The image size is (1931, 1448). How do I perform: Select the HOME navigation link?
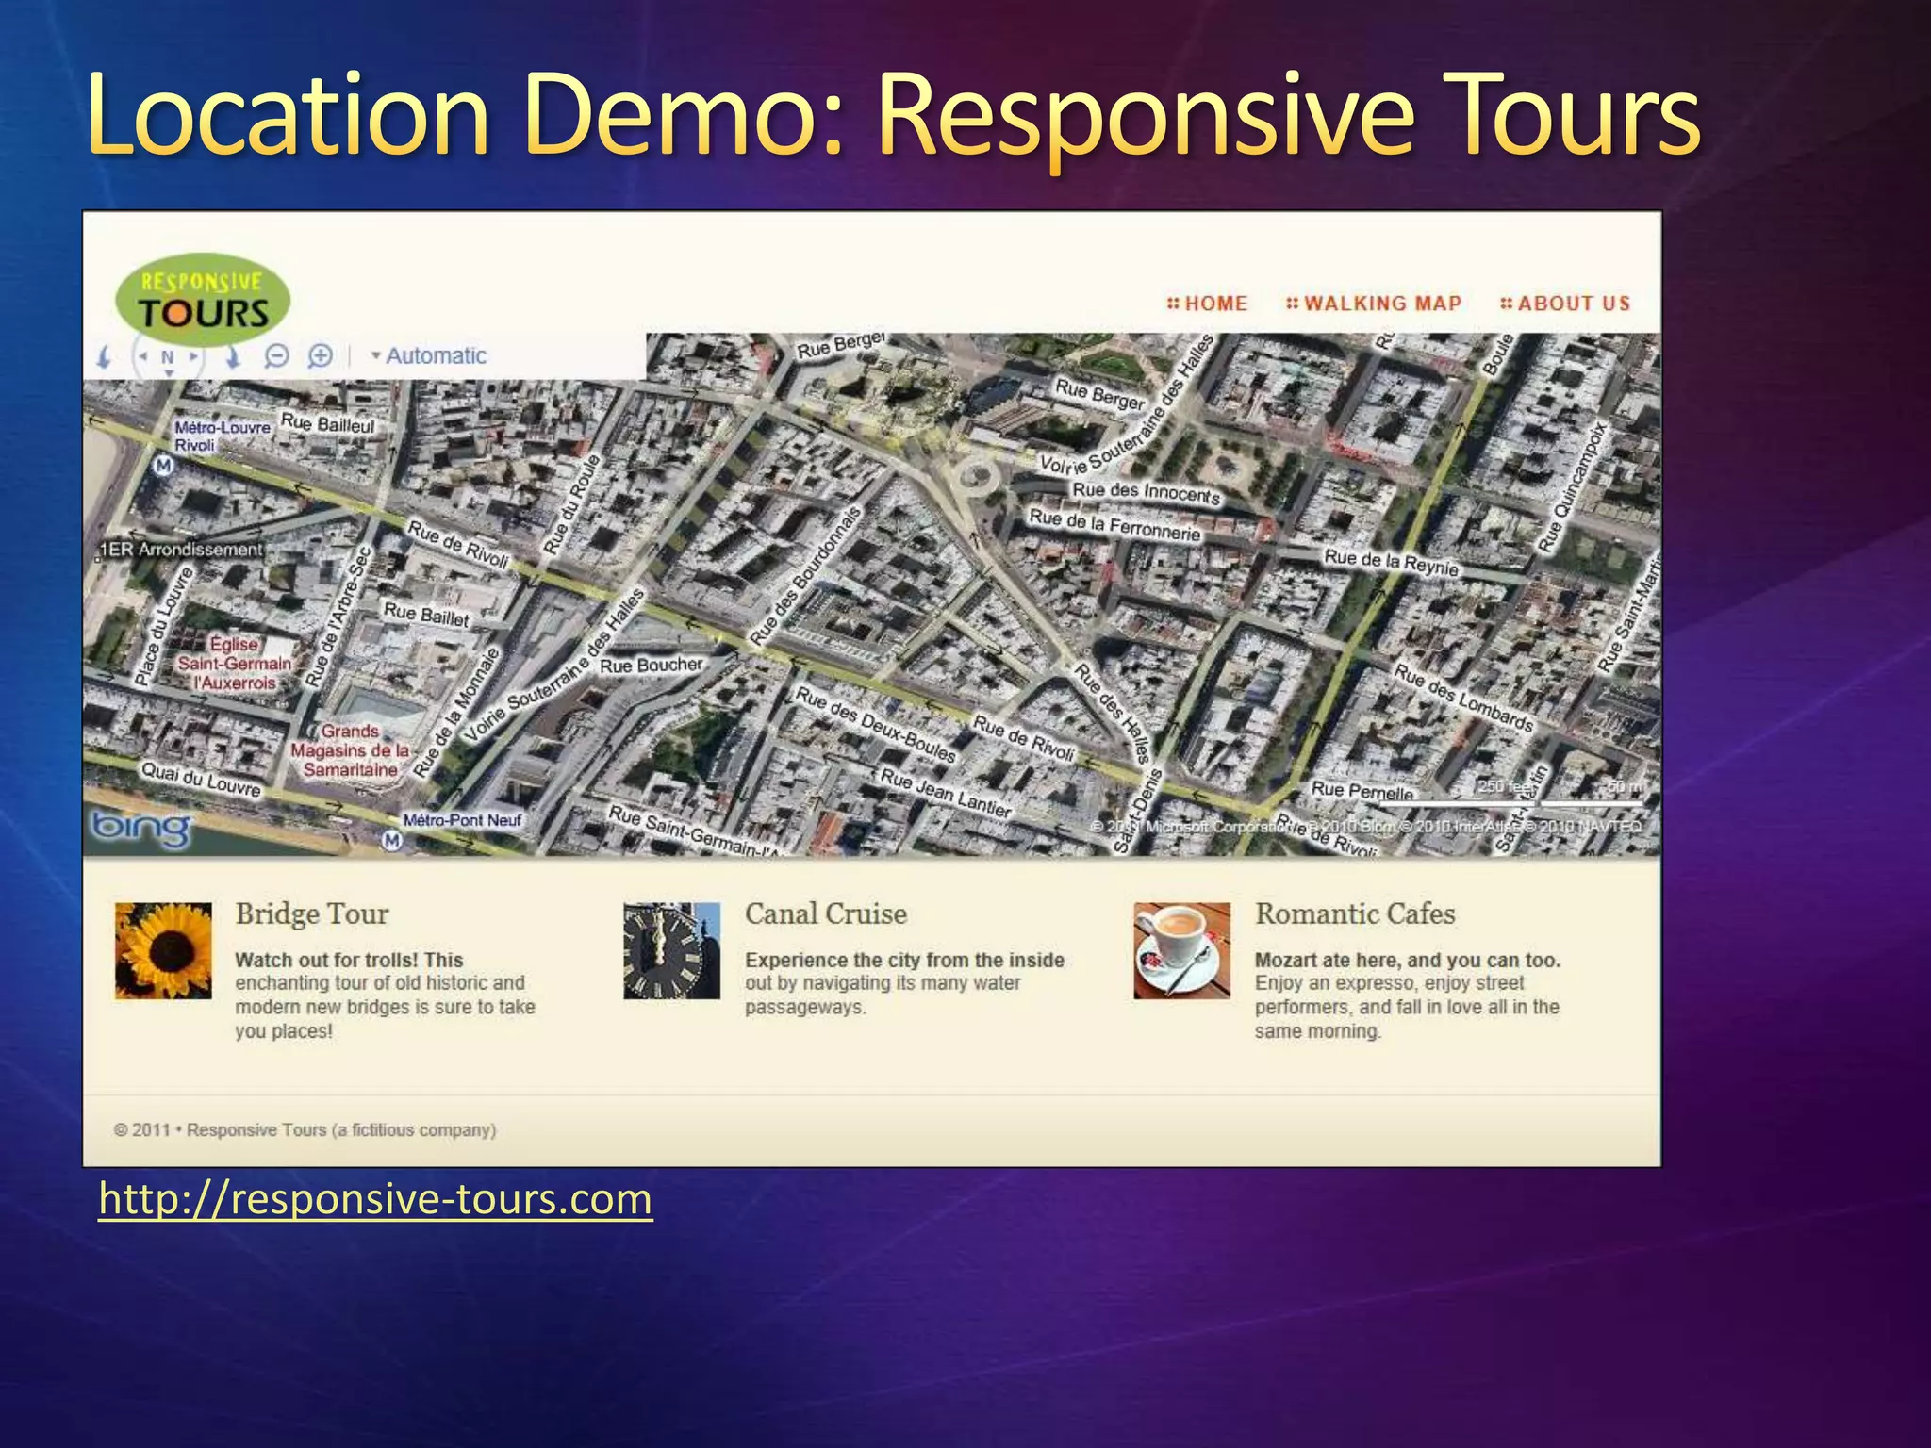1208,304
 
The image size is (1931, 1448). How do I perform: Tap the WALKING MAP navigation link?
1374,304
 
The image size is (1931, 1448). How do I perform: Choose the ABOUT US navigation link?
1565,304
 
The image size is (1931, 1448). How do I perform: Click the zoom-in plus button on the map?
321,356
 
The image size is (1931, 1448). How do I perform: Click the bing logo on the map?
140,829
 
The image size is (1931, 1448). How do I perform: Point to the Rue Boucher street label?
652,666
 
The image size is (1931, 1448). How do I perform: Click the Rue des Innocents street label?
1146,492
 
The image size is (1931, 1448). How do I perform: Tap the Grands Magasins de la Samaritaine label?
350,750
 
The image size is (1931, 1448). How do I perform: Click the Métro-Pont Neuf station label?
461,820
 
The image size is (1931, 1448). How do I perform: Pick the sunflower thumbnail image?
163,950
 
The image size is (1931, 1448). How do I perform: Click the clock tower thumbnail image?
671,950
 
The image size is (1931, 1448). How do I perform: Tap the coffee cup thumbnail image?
1181,950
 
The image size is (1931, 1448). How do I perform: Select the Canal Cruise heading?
825,913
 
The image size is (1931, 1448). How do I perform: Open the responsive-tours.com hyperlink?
375,1200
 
